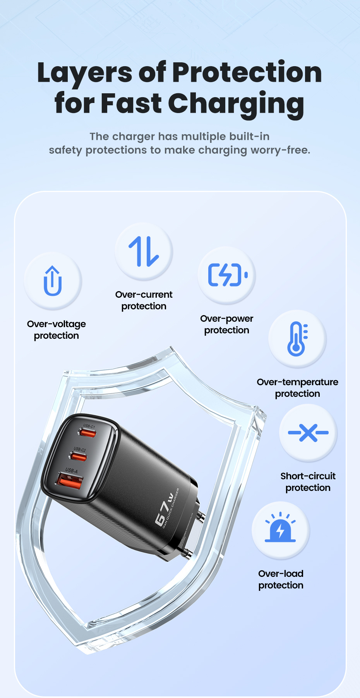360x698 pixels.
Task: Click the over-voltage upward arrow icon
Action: click(53, 281)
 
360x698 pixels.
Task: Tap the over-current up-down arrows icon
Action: click(144, 251)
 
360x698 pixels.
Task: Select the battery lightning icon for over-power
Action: click(227, 275)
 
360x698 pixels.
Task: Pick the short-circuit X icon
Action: click(308, 432)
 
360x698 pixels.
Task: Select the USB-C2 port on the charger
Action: click(79, 456)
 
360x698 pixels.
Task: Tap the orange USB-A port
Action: click(70, 481)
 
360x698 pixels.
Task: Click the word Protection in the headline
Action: click(247, 72)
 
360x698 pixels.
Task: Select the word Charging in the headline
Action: click(236, 104)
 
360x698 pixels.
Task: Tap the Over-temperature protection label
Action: click(297, 388)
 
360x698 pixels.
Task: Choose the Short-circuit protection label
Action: click(308, 482)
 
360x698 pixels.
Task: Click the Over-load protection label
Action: click(281, 579)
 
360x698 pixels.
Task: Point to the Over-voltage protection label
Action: click(57, 329)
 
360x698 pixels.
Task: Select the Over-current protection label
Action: click(144, 300)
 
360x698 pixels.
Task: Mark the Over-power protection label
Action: click(227, 324)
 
